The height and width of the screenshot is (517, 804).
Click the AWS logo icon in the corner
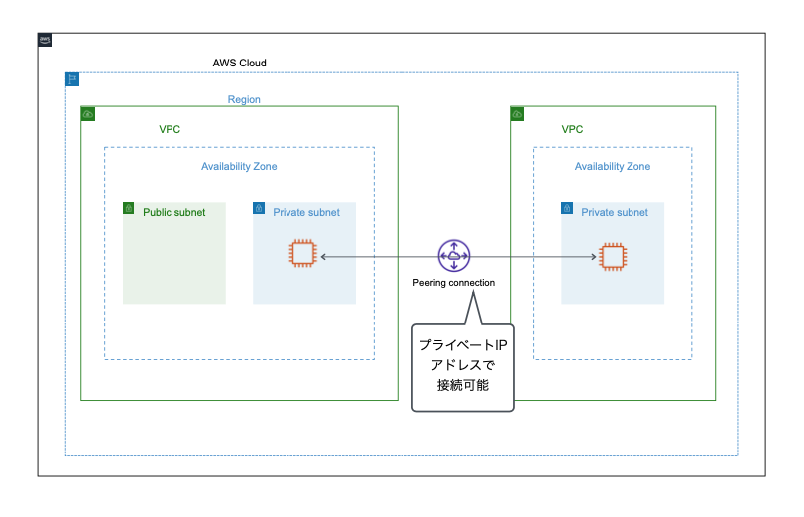(45, 40)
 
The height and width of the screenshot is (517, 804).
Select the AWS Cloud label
(239, 63)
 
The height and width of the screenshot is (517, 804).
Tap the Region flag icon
(72, 79)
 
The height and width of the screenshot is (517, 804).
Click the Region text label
(244, 99)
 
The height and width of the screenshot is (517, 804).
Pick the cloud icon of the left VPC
(88, 114)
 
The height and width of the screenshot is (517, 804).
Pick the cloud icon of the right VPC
(517, 114)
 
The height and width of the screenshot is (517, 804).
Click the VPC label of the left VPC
(170, 129)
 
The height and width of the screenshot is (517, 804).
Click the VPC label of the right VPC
(572, 129)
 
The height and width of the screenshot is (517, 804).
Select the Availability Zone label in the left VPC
(239, 166)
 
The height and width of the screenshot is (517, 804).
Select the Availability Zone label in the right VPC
(613, 166)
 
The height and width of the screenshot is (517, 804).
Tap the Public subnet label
(174, 212)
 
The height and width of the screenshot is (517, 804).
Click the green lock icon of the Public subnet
(129, 208)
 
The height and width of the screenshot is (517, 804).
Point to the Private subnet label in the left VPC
(306, 212)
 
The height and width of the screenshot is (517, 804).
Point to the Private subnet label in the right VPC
(615, 212)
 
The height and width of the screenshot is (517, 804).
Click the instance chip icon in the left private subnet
(301, 254)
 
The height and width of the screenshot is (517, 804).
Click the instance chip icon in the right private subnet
(613, 256)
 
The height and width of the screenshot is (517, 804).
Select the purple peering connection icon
(454, 256)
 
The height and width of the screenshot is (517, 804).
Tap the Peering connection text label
(453, 283)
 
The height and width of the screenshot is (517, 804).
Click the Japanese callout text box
(463, 366)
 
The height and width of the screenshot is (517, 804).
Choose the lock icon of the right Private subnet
(567, 209)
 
